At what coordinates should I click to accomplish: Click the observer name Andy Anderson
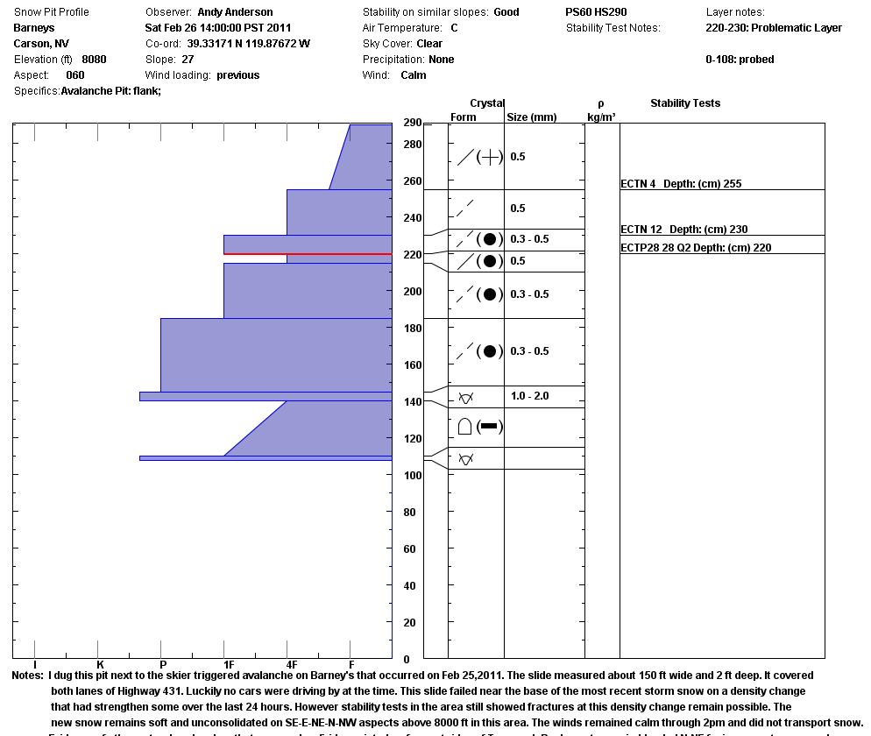pos(235,12)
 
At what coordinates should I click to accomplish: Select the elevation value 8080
pos(94,60)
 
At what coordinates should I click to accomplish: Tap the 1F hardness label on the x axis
pos(228,666)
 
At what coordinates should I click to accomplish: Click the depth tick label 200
pos(412,292)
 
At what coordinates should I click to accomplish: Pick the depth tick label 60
pos(408,549)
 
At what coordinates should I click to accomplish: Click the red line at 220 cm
pos(308,254)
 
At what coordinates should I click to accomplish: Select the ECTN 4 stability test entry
pos(681,184)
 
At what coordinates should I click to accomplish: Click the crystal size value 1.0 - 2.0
pos(529,396)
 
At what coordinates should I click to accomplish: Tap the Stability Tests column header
pos(684,103)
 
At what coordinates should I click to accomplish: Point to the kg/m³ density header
pos(600,117)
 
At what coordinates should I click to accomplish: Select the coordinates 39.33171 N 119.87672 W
pos(248,44)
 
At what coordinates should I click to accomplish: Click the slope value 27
pos(188,60)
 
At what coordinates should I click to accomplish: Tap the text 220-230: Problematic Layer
pos(773,28)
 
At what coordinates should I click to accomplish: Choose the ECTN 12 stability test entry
pos(683,230)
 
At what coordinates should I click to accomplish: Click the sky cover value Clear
pos(429,44)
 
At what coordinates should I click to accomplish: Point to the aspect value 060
pos(74,75)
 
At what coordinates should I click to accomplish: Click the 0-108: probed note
pos(740,60)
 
